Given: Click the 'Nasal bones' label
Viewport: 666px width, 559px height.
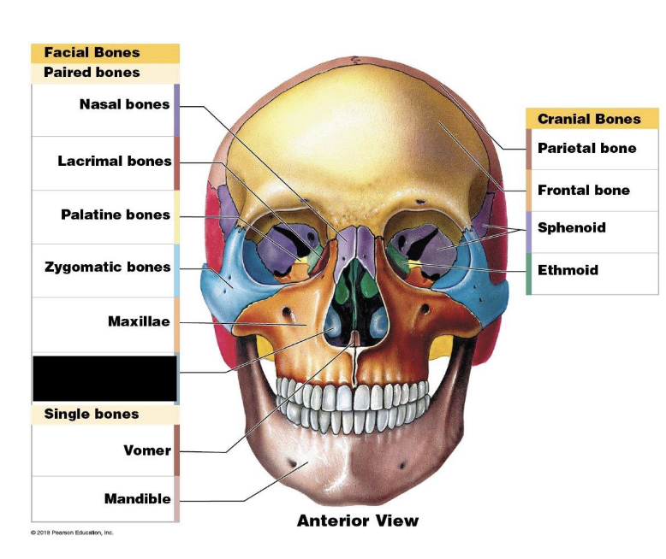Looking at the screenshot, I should point(124,105).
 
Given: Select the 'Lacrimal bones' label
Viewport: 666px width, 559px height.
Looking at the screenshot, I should point(115,161).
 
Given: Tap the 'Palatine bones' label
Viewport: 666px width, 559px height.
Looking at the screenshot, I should point(116,215).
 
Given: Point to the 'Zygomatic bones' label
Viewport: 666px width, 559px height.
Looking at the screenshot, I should point(108,268).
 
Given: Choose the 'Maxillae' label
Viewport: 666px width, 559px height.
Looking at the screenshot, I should point(139,322).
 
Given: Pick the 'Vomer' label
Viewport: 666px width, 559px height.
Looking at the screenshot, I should point(147,450).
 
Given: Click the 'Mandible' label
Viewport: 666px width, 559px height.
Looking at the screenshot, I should point(138,498).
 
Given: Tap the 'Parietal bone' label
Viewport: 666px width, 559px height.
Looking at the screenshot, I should point(586,148).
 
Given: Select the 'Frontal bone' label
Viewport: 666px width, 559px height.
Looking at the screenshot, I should point(583,190).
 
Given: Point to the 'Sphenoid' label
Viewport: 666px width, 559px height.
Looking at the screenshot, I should point(571,227).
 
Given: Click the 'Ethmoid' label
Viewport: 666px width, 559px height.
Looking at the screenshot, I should point(568,270).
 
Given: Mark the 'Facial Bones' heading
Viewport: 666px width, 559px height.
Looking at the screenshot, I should point(92,53).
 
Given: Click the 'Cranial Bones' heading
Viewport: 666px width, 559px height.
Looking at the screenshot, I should point(589,119).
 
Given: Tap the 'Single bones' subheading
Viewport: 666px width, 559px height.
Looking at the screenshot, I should point(91,414).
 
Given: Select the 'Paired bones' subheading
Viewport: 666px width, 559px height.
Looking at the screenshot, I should point(92,73).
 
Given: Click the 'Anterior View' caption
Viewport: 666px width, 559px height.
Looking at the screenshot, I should point(358,520).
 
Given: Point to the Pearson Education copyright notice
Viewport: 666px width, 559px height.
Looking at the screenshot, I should point(72,533).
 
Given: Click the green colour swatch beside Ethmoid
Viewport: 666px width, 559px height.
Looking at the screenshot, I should point(529,274).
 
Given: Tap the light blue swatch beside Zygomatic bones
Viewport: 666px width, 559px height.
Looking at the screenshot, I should point(176,270).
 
